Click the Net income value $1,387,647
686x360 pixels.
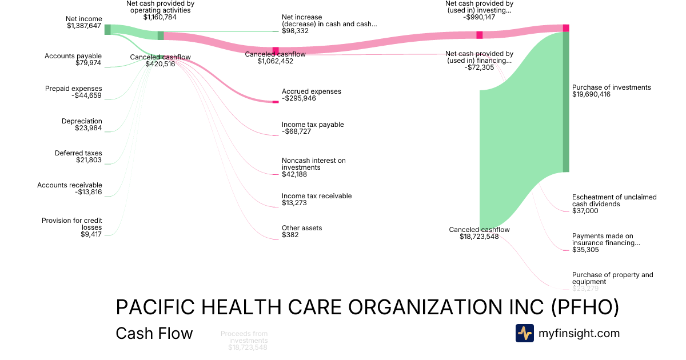(x=84, y=26)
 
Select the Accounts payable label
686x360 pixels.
(x=73, y=56)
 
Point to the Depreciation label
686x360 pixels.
(x=82, y=121)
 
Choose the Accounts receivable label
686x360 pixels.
(x=70, y=185)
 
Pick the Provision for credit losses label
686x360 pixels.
(x=71, y=223)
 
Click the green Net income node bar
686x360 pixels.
(x=107, y=30)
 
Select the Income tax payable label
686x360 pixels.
(x=313, y=125)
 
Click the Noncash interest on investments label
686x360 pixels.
(x=313, y=164)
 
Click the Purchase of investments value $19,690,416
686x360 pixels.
(x=591, y=94)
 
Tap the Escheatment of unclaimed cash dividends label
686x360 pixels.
(x=614, y=200)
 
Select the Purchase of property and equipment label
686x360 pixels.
(x=612, y=278)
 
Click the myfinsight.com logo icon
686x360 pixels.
(x=524, y=333)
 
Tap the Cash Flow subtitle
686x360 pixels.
(x=154, y=333)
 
